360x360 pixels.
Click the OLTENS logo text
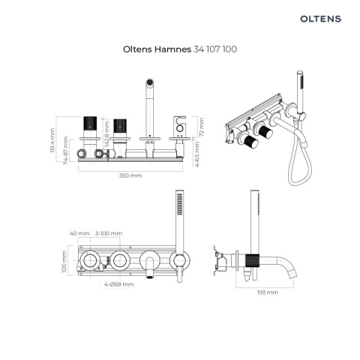(x=320, y=17)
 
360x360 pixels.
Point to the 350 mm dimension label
(x=130, y=175)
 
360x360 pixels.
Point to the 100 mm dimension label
(x=64, y=260)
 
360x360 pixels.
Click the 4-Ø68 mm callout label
(x=119, y=285)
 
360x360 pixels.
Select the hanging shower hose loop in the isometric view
(x=295, y=169)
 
